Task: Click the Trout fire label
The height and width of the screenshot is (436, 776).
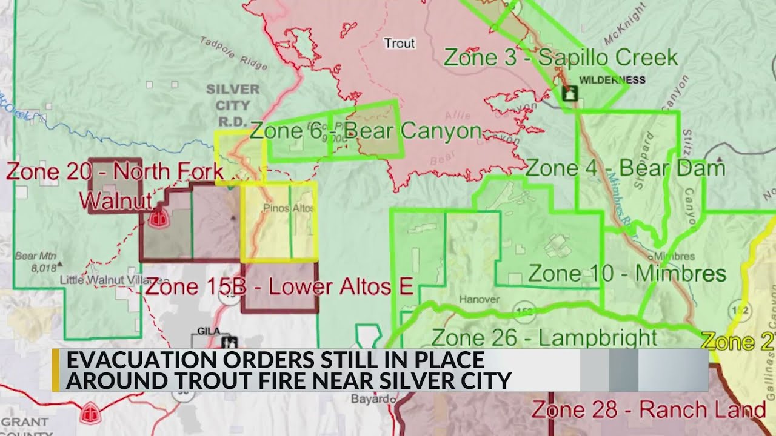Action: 400,43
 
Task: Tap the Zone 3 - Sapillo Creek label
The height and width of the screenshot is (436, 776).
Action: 561,58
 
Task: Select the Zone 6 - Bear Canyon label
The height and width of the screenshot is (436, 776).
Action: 365,131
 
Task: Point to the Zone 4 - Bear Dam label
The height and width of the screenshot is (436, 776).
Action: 625,168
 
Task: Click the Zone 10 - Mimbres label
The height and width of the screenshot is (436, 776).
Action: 627,273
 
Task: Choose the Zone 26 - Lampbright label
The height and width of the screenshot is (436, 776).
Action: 544,337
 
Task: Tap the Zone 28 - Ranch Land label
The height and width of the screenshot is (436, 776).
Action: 648,410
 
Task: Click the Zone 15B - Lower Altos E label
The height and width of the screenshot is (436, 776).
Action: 279,286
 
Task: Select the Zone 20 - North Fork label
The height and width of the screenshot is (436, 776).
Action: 115,171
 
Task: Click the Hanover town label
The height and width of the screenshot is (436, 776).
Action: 478,299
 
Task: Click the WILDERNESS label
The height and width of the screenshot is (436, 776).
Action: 612,80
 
